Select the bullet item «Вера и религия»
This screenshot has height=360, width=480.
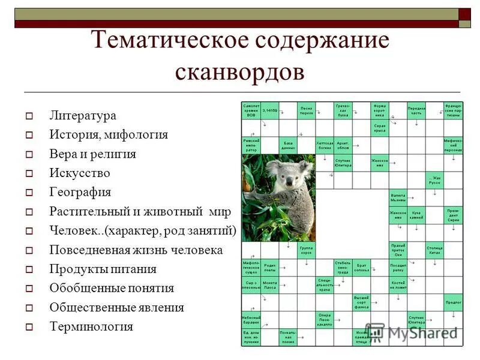(x=92, y=154)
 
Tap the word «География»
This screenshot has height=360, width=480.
(x=80, y=192)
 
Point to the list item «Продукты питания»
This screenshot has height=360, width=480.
(x=103, y=269)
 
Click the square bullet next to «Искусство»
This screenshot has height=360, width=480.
(x=28, y=173)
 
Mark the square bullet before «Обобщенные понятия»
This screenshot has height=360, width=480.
(x=28, y=289)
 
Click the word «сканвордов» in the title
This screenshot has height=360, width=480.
(x=239, y=71)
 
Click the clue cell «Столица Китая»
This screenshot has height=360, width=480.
(x=434, y=249)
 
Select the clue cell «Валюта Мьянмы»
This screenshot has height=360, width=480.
(x=398, y=197)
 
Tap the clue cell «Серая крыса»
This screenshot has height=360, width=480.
(x=379, y=128)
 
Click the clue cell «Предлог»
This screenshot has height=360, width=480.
(x=453, y=302)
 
